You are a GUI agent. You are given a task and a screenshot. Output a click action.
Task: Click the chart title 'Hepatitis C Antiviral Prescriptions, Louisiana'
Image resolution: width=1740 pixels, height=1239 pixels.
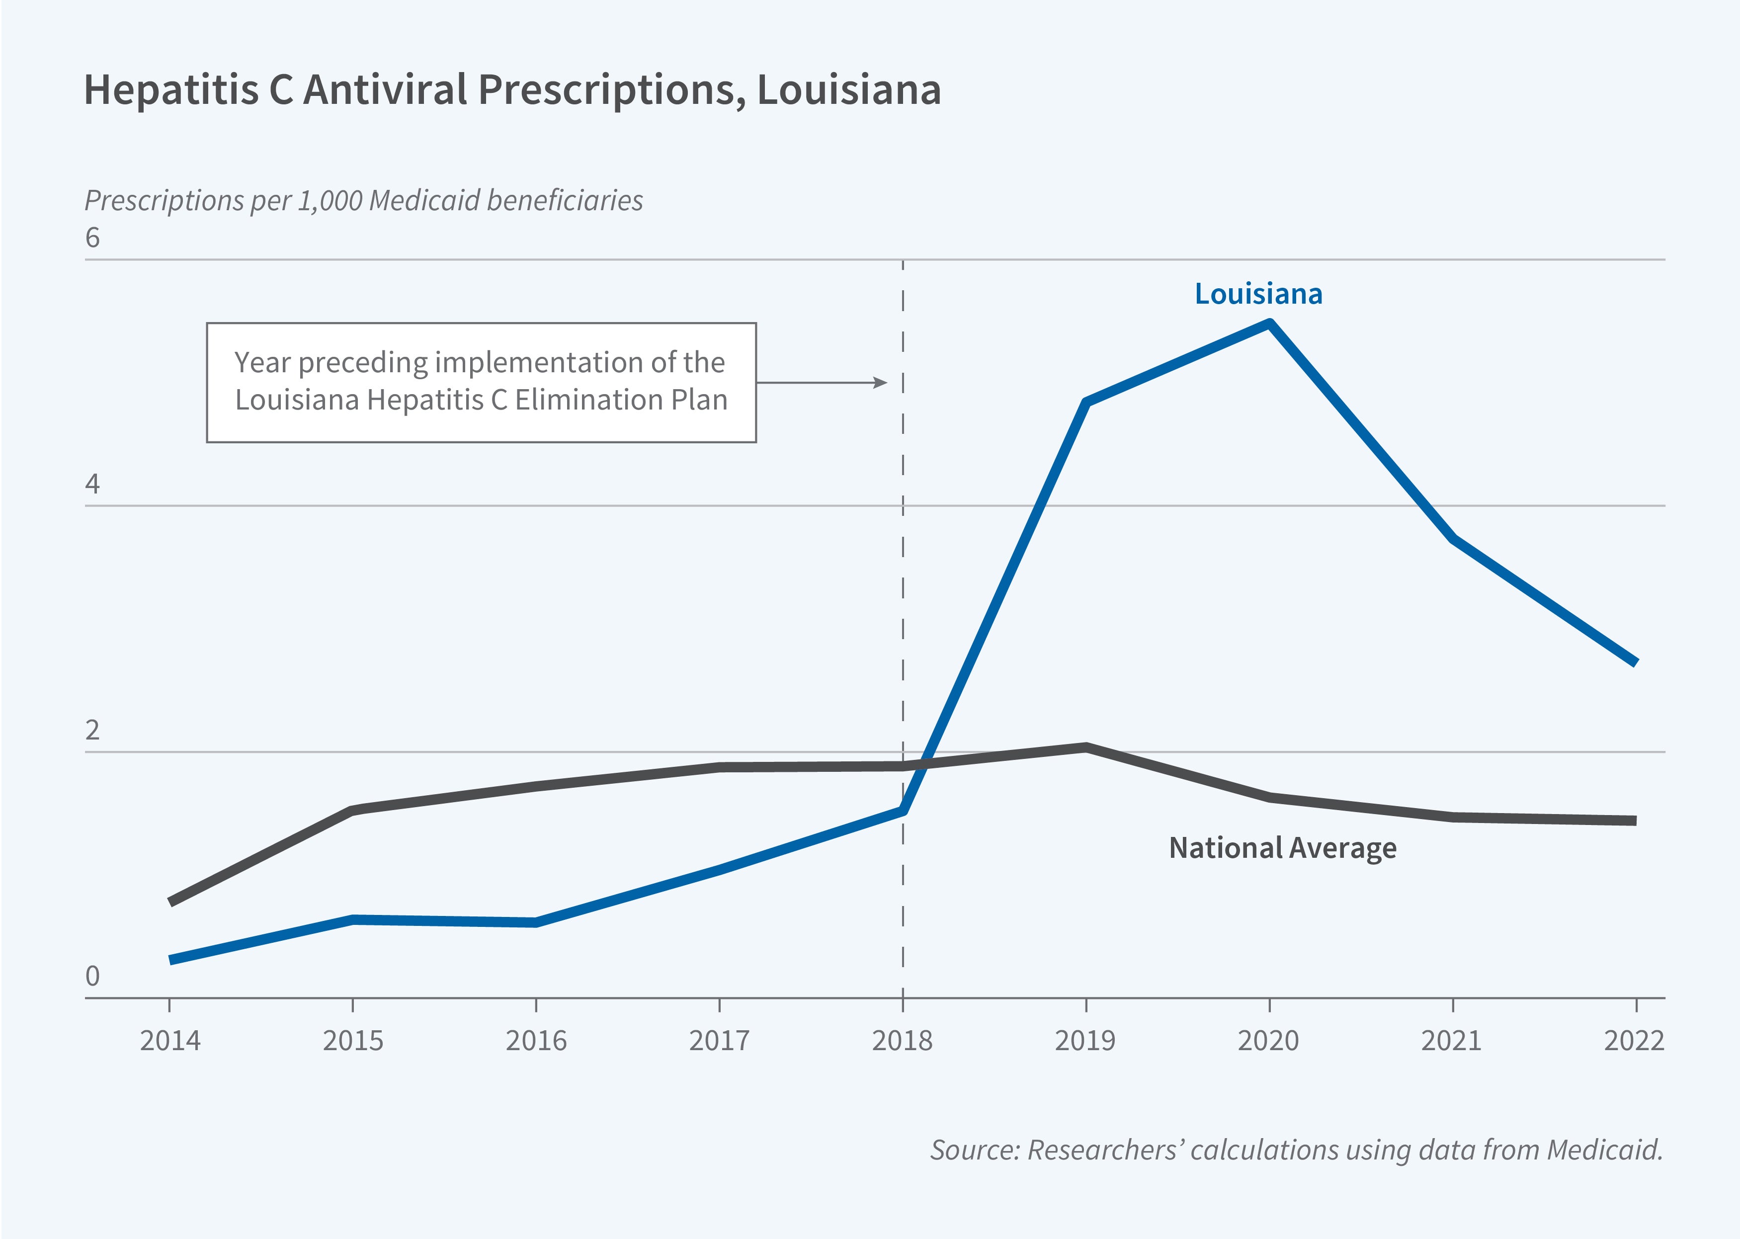[512, 90]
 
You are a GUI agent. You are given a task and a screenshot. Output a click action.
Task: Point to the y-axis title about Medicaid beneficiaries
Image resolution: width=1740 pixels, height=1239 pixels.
[363, 201]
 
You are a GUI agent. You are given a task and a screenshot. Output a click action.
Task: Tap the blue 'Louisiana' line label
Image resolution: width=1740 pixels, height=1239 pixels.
[1258, 294]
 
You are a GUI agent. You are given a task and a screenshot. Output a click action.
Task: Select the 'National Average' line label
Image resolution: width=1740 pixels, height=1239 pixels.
[1282, 847]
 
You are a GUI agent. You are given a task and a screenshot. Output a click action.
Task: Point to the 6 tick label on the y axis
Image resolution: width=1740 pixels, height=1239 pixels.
[92, 238]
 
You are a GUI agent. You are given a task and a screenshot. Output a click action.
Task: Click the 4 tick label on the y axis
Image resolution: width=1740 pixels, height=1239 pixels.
[92, 484]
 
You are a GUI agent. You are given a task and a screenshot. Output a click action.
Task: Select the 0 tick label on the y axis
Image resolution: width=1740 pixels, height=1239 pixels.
[92, 976]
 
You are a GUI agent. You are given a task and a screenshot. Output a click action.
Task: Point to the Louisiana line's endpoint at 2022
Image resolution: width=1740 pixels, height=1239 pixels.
[1635, 662]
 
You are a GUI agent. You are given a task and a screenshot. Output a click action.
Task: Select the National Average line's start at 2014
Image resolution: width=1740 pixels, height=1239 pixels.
[170, 902]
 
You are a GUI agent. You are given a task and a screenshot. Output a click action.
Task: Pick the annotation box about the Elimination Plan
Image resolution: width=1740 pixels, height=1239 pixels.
[481, 382]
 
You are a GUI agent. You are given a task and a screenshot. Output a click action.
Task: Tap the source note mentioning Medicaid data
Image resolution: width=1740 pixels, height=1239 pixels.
[1295, 1150]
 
